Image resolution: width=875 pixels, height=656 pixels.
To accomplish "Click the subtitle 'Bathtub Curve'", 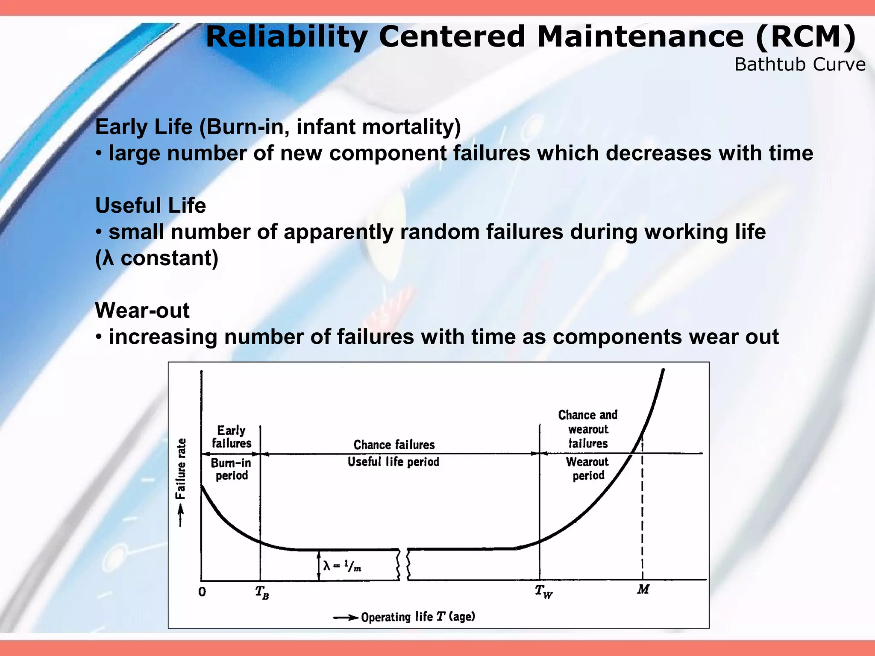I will [799, 64].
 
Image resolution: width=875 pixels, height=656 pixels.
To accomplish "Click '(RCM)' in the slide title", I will [805, 37].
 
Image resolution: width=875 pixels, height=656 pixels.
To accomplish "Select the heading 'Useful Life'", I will [150, 205].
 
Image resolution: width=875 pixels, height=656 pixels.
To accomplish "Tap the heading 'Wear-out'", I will [142, 310].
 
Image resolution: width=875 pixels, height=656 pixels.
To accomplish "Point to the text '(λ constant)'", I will [156, 258].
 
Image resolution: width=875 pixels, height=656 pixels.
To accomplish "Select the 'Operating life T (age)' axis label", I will [418, 617].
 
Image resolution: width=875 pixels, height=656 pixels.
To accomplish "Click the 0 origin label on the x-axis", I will [202, 592].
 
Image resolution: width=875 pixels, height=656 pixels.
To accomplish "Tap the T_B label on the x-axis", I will [261, 592].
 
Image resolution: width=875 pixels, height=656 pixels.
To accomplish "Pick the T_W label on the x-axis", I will [543, 592].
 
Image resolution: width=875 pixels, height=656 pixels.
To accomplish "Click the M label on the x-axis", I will [643, 589].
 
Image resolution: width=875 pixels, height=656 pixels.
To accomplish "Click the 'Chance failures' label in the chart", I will [394, 445].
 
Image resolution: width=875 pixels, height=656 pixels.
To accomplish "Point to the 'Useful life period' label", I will [393, 462].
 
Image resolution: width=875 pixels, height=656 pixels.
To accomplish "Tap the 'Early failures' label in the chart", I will [232, 436].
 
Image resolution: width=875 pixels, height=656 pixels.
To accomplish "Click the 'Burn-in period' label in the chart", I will [231, 469].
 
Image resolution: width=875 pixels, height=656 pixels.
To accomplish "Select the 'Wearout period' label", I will [587, 469].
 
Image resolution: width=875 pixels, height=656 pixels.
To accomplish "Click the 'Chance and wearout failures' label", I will [588, 429].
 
